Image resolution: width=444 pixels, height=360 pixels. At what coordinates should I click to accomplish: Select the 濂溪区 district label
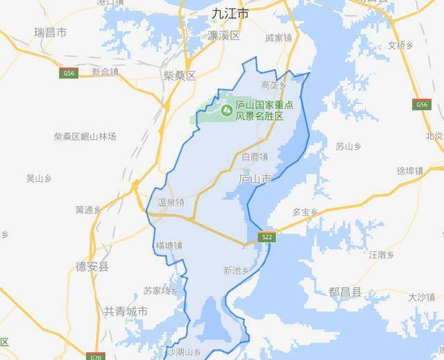pyautogui.click(x=223, y=35)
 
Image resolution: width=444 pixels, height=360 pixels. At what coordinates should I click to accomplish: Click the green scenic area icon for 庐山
pyautogui.click(x=226, y=110)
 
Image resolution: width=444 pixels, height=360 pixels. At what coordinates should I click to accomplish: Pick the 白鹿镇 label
pyautogui.click(x=254, y=157)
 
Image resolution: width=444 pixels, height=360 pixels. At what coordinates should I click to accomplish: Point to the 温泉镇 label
pyautogui.click(x=171, y=203)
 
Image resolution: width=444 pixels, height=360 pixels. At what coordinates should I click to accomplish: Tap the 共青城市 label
pyautogui.click(x=126, y=311)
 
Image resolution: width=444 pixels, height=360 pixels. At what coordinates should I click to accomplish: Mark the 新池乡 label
pyautogui.click(x=236, y=270)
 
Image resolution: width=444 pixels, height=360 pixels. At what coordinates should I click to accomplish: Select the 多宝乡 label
pyautogui.click(x=305, y=212)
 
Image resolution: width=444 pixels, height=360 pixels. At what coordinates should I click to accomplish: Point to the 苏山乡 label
pyautogui.click(x=349, y=146)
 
